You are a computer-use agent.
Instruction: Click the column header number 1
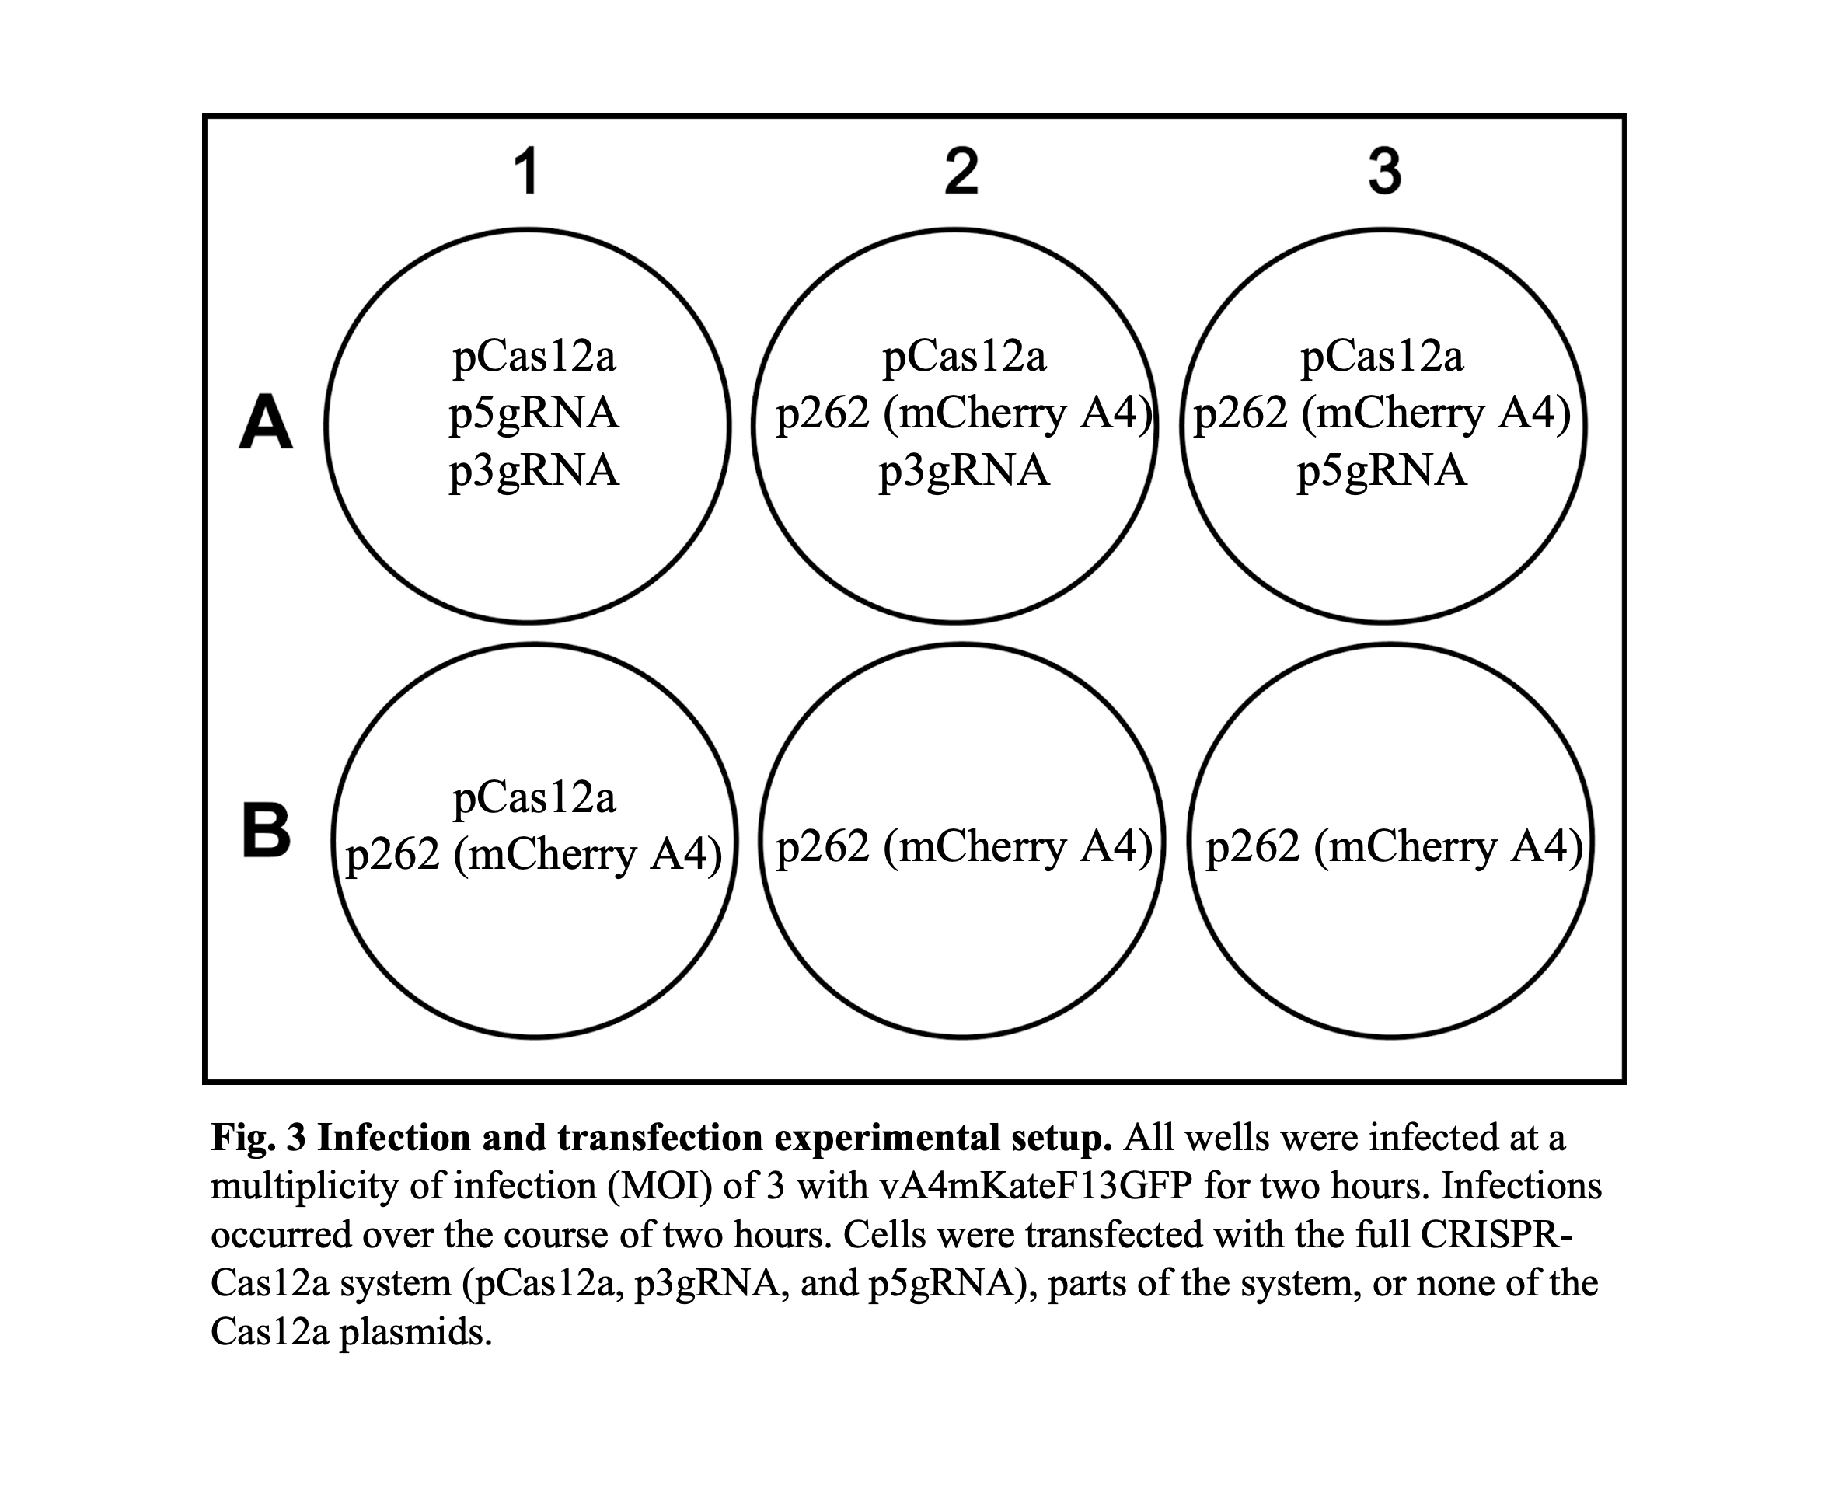528,172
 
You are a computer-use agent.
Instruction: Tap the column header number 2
961,172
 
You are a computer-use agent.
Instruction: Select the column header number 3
1385,172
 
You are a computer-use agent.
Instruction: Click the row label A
266,422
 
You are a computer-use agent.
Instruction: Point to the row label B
267,832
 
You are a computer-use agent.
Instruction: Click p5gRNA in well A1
534,413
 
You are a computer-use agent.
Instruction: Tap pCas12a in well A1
534,356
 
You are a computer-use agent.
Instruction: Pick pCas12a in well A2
965,356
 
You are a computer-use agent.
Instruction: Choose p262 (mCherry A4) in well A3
1381,413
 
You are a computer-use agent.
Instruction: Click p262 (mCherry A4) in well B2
965,846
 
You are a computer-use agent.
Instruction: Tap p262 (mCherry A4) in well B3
1394,846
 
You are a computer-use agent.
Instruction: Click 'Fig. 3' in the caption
259,1139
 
